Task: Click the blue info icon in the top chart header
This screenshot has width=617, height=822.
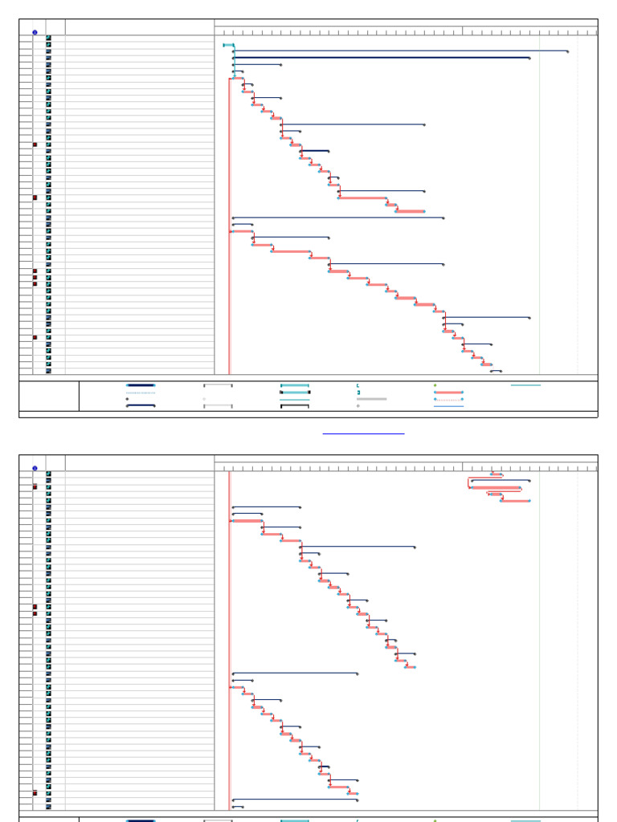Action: [x=35, y=32]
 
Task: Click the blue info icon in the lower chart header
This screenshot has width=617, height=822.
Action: [x=35, y=468]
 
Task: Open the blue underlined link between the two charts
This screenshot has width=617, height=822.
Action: [x=363, y=433]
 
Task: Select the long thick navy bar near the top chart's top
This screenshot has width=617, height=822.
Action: [x=381, y=58]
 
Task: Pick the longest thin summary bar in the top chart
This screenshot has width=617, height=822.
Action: [x=400, y=51]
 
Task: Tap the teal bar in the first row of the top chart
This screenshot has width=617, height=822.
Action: [x=228, y=45]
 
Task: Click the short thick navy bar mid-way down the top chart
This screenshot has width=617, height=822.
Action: [x=315, y=151]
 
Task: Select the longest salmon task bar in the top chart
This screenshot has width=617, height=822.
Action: [x=362, y=197]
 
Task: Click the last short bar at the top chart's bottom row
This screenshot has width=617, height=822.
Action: [x=496, y=371]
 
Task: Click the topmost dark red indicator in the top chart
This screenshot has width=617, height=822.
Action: [x=35, y=144]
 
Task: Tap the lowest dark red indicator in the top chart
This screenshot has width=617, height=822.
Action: [x=35, y=337]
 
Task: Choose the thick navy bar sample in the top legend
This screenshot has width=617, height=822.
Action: [x=141, y=385]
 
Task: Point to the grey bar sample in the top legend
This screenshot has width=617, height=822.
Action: [x=371, y=399]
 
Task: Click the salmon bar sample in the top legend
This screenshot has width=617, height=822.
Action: [x=448, y=393]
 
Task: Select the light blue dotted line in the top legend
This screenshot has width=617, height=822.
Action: [x=141, y=393]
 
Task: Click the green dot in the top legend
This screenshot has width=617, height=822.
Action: [x=435, y=385]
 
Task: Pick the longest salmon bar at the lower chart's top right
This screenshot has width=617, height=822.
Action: [x=496, y=488]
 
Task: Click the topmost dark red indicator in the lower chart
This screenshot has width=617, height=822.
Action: [x=35, y=487]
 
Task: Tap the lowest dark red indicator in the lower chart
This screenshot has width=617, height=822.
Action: [x=35, y=793]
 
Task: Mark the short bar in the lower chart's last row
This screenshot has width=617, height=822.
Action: [x=238, y=807]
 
